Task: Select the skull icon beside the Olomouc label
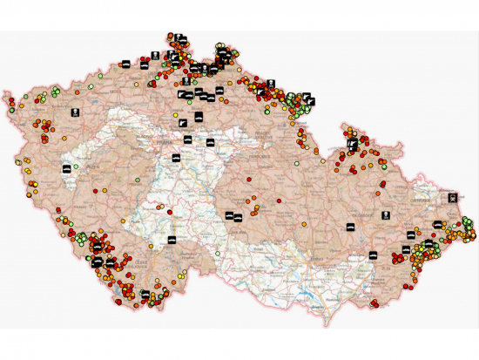tap(384, 214)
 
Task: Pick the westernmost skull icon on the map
tap(75, 112)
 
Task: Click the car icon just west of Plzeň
tap(67, 167)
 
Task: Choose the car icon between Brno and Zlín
tap(372, 254)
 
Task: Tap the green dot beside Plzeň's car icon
tap(76, 166)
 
